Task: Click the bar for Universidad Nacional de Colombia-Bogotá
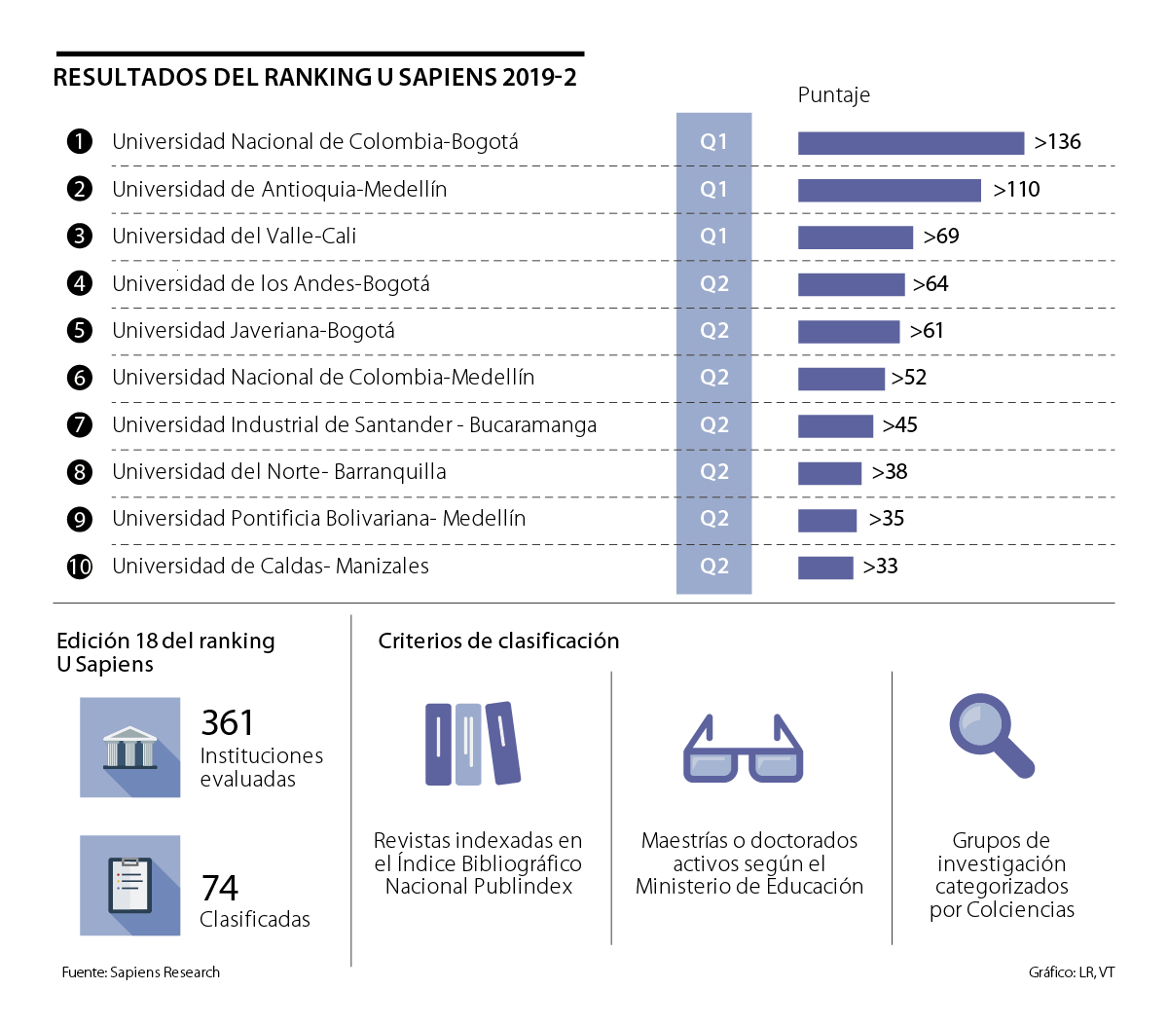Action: pyautogui.click(x=910, y=143)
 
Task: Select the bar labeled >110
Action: pyautogui.click(x=889, y=190)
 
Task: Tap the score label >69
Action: pyautogui.click(x=941, y=237)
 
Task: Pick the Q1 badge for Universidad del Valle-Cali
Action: pyautogui.click(x=713, y=237)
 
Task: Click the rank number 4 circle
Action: pyautogui.click(x=80, y=283)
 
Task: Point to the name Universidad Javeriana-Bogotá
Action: pyautogui.click(x=253, y=331)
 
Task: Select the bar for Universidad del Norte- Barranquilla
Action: pyautogui.click(x=829, y=473)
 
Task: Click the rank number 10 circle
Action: pyautogui.click(x=80, y=567)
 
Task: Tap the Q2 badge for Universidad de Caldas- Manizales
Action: pyautogui.click(x=713, y=567)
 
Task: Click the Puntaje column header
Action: pyautogui.click(x=833, y=95)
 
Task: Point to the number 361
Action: pyautogui.click(x=228, y=723)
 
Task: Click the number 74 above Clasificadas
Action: pyautogui.click(x=220, y=888)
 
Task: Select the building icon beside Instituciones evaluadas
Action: pyautogui.click(x=130, y=748)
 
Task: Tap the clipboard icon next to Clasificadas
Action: pyautogui.click(x=130, y=885)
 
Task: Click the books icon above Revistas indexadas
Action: pyautogui.click(x=473, y=744)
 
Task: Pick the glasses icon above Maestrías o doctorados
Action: pyautogui.click(x=744, y=751)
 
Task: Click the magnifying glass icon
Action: pyautogui.click(x=990, y=735)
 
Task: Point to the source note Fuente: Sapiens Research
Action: pyautogui.click(x=140, y=972)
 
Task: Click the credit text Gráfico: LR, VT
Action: pyautogui.click(x=1071, y=972)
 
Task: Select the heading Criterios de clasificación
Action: pyautogui.click(x=498, y=641)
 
